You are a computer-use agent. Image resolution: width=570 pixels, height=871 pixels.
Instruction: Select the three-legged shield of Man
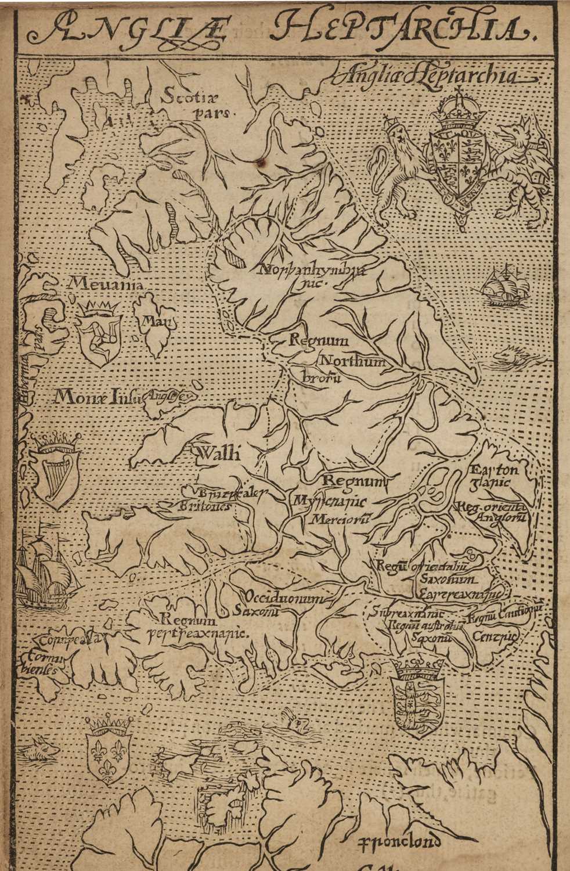pos(99,334)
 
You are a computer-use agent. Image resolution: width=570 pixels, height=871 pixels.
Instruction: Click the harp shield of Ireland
pos(55,470)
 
